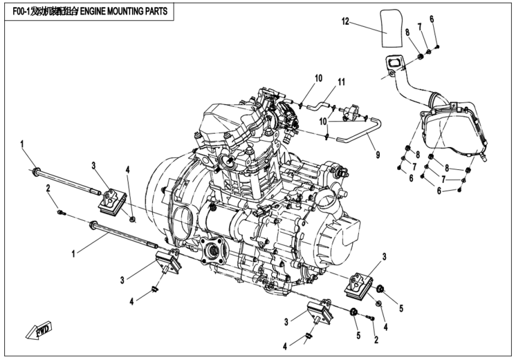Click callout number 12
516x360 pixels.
(x=345, y=22)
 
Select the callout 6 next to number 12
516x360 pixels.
(x=431, y=19)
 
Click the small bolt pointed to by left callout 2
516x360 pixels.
(x=59, y=211)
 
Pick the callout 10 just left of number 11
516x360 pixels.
(x=318, y=78)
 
